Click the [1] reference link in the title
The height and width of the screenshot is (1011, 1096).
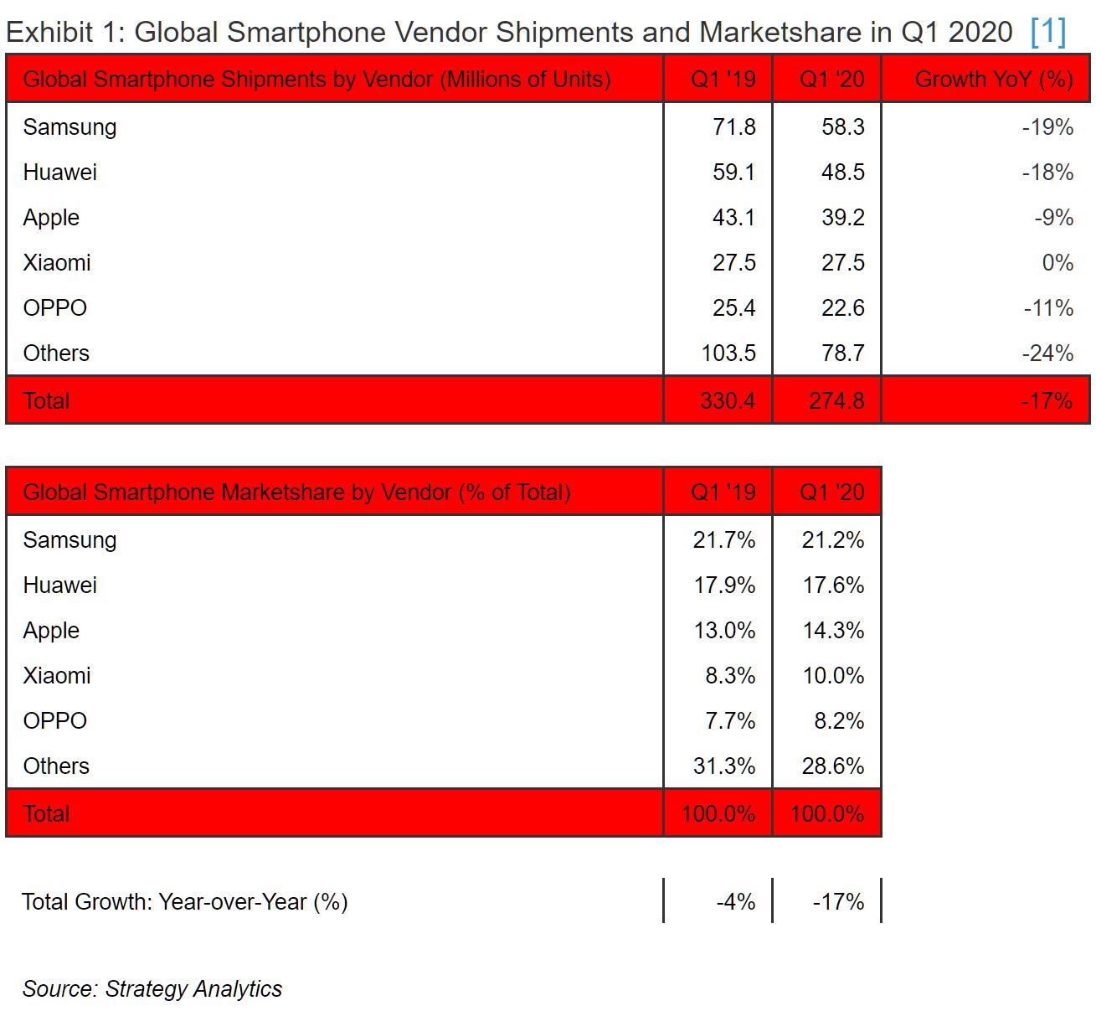(x=1048, y=32)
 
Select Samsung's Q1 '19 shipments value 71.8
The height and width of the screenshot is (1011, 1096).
(x=733, y=127)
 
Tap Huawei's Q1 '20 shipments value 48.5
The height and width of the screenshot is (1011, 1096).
(x=842, y=173)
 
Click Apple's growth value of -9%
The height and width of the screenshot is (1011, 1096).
(x=1053, y=218)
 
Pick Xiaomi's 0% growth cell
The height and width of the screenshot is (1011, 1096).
(x=1057, y=263)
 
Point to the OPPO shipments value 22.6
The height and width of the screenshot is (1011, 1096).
(x=842, y=308)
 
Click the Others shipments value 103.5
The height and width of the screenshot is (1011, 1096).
(x=728, y=353)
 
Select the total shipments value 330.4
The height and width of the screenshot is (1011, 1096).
(x=727, y=400)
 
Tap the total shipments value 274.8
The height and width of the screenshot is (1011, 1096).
(x=836, y=400)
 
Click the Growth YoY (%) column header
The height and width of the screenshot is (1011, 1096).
(x=994, y=80)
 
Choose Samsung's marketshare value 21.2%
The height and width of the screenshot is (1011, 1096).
(x=832, y=540)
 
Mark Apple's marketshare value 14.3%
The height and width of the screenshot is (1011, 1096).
(x=832, y=631)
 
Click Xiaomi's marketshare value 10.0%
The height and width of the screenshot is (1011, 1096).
(x=832, y=676)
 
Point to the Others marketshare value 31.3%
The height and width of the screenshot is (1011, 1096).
(x=723, y=766)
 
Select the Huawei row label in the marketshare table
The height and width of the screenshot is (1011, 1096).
(x=60, y=585)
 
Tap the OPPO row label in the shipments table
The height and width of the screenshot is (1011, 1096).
(x=55, y=308)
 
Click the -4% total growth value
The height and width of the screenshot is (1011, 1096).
(x=735, y=902)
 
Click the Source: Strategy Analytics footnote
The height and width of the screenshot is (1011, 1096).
(x=152, y=989)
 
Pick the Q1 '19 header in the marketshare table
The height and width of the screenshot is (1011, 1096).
(x=723, y=493)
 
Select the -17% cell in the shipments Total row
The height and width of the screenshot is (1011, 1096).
(x=1046, y=400)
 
